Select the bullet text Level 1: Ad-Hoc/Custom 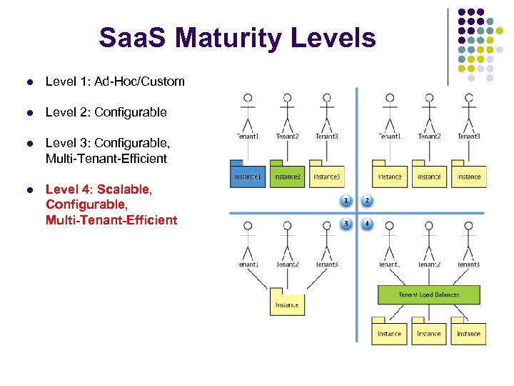(x=115, y=81)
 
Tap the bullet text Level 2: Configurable (x=106, y=112)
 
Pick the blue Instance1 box (x=248, y=176)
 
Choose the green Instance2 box (x=287, y=176)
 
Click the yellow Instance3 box (x=326, y=176)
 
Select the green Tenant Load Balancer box (x=428, y=295)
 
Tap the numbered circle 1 (x=346, y=201)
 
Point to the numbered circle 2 (x=367, y=201)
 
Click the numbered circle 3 (x=346, y=223)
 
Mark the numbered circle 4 (x=367, y=223)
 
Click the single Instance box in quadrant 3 (x=287, y=305)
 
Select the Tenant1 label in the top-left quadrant (x=248, y=137)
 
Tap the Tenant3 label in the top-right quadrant (x=468, y=137)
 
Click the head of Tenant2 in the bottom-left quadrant (x=287, y=226)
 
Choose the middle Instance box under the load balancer (x=428, y=334)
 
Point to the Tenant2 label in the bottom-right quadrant (x=428, y=264)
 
